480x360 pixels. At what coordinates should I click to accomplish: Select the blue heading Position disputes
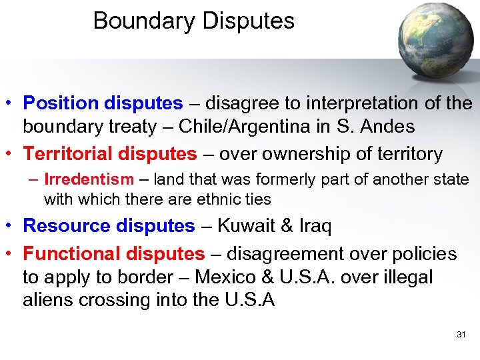click(103, 103)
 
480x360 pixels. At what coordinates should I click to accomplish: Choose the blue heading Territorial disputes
click(110, 154)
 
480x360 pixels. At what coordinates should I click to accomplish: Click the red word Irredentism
click(89, 180)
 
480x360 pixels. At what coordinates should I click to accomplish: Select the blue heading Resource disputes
click(109, 225)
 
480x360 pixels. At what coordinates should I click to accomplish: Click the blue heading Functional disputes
click(114, 254)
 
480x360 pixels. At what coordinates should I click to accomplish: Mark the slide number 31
click(461, 334)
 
